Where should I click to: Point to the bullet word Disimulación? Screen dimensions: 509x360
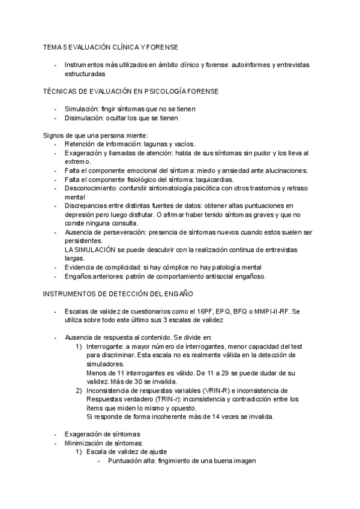tap(85, 118)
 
